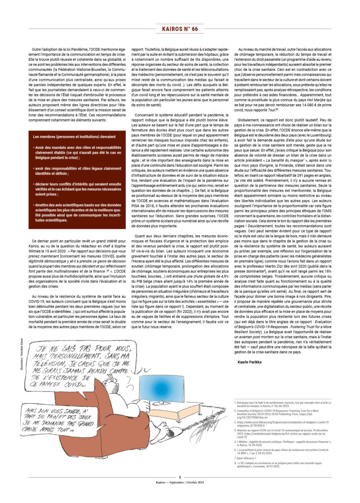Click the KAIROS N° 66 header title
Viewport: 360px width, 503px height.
tap(180, 29)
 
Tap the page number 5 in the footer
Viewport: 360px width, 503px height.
tap(180, 477)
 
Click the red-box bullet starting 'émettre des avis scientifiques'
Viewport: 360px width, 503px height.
tap(71, 211)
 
